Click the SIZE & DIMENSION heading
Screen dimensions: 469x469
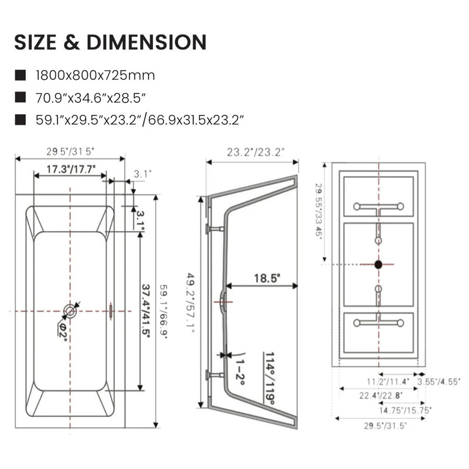pyautogui.click(x=111, y=42)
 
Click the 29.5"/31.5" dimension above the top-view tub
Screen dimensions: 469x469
pyautogui.click(x=70, y=151)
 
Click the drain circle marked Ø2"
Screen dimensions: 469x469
pyautogui.click(x=70, y=311)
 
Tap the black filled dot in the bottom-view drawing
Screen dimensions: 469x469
pyautogui.click(x=378, y=264)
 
